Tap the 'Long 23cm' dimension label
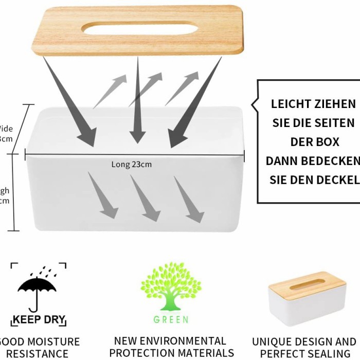coord(132,165)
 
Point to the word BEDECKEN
coord(330,161)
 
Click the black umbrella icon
coord(37,288)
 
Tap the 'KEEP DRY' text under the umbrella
coord(39,319)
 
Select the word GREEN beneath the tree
coord(171,319)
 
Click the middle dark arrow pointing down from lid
coord(137,103)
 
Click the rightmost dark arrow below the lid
coord(195,103)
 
